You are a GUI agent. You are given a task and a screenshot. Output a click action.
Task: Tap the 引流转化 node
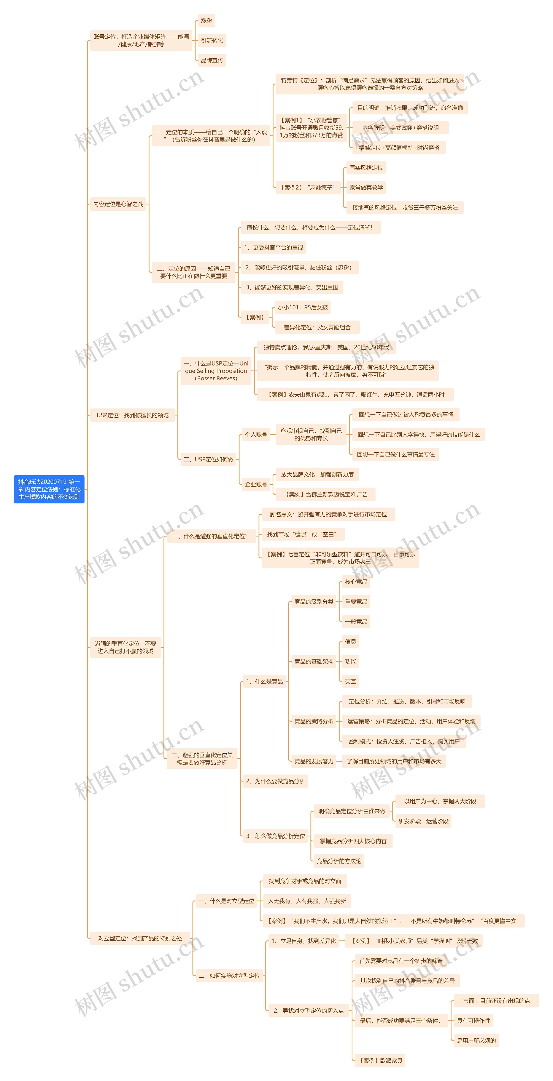tap(212, 40)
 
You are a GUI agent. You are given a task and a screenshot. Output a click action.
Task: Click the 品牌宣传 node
tap(212, 60)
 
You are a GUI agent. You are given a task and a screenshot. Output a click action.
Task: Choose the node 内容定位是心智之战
tap(118, 204)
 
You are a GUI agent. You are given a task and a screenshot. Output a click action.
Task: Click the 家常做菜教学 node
tap(366, 187)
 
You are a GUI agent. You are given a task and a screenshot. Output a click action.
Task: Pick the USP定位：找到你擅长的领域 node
tap(132, 415)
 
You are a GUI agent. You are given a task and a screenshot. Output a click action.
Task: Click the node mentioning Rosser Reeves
tap(216, 371)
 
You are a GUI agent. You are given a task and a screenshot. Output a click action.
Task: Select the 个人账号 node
tap(256, 434)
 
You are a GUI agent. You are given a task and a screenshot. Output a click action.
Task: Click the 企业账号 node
tap(256, 484)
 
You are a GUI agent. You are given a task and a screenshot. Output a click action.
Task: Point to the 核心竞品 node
tap(356, 582)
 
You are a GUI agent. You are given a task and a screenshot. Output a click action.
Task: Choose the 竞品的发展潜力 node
tap(314, 761)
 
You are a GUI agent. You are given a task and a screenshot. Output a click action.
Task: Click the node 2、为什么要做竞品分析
tap(275, 781)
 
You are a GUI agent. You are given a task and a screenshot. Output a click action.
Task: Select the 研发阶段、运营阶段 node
tap(423, 821)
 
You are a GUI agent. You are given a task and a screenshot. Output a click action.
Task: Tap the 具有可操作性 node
tap(473, 1021)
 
